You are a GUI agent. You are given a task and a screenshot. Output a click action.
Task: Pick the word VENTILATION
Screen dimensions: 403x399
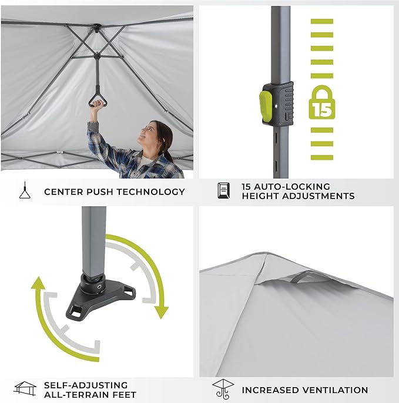point(334,390)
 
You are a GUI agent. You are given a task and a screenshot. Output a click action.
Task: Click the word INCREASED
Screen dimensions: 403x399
point(269,390)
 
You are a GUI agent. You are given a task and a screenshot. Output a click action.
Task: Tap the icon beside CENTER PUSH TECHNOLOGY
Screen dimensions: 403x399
point(24,191)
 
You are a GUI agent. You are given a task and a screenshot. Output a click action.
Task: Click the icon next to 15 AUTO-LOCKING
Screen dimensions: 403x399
point(224,191)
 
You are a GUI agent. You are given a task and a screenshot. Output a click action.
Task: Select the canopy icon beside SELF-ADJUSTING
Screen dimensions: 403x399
point(24,388)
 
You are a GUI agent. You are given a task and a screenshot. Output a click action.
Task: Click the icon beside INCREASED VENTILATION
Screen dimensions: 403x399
point(223,389)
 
